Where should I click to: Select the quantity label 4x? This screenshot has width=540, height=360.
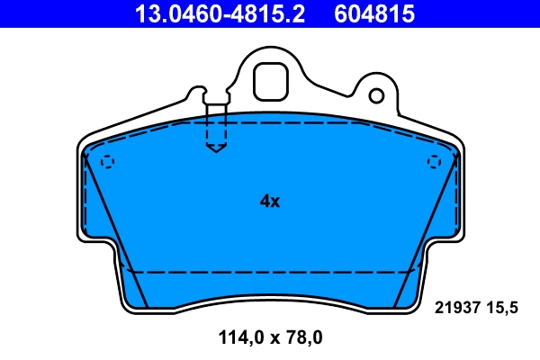[270, 202]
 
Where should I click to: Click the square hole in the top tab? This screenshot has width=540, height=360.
[269, 81]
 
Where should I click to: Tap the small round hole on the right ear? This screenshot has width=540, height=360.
[379, 94]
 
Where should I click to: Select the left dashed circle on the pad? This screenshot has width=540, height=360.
[107, 162]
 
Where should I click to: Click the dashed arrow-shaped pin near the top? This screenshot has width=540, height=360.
[216, 130]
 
